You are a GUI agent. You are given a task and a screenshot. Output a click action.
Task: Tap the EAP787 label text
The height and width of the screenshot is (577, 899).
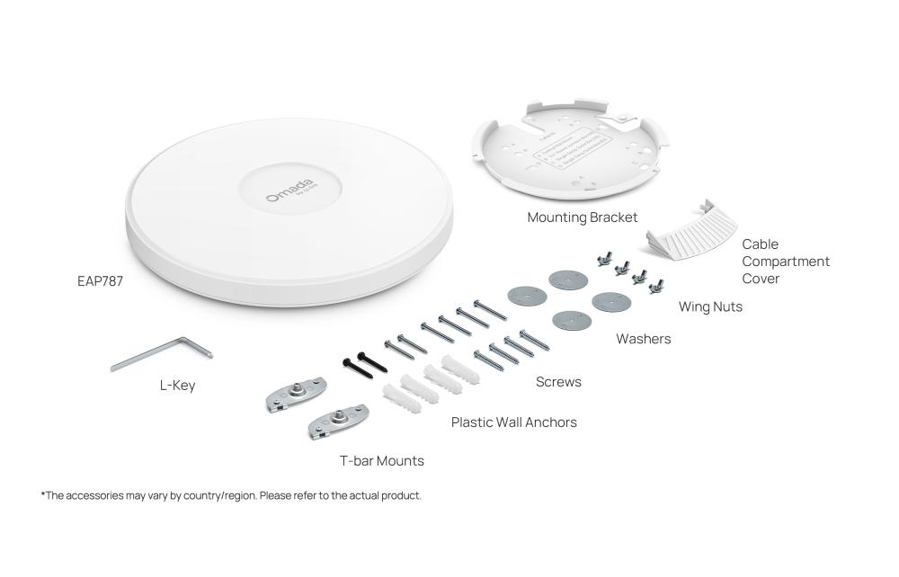[x=100, y=281]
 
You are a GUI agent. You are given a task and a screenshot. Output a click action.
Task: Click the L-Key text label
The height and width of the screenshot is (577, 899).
[x=177, y=386]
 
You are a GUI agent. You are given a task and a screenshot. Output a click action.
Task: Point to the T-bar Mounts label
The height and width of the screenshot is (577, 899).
[x=381, y=461]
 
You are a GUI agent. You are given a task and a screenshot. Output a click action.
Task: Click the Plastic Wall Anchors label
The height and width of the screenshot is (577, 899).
[x=514, y=422]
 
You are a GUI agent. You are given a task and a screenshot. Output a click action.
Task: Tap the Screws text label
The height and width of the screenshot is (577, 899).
[x=558, y=382]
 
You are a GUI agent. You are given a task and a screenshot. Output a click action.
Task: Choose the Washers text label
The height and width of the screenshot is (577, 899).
[x=643, y=339]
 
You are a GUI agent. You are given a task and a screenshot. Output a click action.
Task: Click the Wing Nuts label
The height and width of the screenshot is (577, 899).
[x=710, y=306]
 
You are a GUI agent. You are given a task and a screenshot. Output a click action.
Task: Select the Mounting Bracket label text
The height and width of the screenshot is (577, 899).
[x=583, y=217]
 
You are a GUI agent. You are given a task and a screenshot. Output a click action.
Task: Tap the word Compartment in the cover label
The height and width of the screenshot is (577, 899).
[x=786, y=262]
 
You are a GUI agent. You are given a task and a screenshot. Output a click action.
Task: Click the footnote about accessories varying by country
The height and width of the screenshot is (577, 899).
[x=231, y=495]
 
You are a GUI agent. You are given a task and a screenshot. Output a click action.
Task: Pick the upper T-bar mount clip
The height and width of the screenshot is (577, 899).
[x=296, y=394]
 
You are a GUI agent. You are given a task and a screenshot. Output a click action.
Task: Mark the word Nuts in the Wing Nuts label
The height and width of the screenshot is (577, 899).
[x=727, y=306]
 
